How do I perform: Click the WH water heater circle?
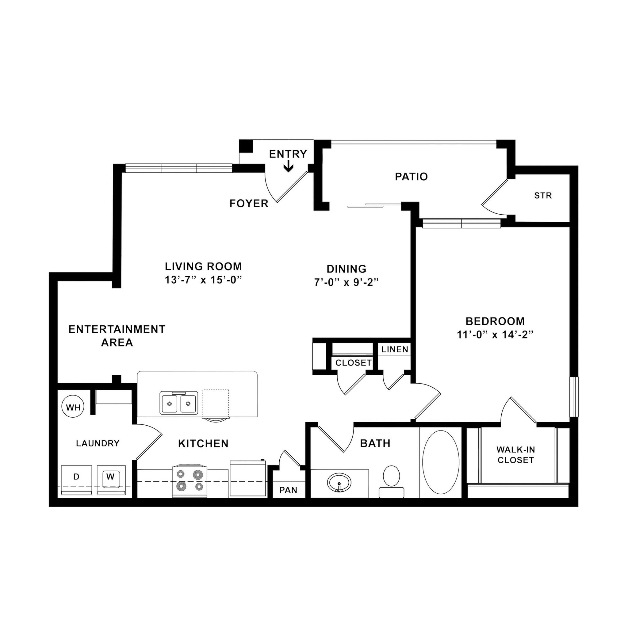click(x=73, y=407)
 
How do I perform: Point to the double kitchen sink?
click(x=179, y=403)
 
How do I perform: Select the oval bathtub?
click(x=440, y=462)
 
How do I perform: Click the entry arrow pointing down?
click(x=288, y=167)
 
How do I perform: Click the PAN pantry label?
click(x=288, y=490)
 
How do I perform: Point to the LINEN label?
click(x=395, y=350)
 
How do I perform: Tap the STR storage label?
click(x=543, y=195)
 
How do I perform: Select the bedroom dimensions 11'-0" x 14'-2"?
click(x=496, y=335)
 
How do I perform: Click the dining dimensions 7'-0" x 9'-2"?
click(x=347, y=282)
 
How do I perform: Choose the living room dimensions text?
click(x=204, y=280)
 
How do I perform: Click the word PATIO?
click(x=411, y=177)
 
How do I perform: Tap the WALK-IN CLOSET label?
click(x=515, y=455)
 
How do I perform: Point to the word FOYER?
click(x=249, y=204)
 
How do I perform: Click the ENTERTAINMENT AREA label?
click(x=117, y=336)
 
